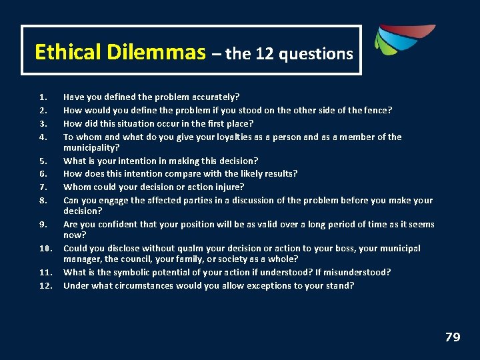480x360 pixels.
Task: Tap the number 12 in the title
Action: click(x=264, y=54)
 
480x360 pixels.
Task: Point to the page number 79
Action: click(x=453, y=337)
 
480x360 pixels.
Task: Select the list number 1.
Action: click(x=43, y=97)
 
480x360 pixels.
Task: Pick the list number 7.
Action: click(x=43, y=187)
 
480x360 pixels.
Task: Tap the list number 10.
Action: click(x=45, y=249)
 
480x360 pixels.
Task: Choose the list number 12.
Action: click(x=45, y=286)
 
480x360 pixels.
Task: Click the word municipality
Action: click(x=91, y=147)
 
